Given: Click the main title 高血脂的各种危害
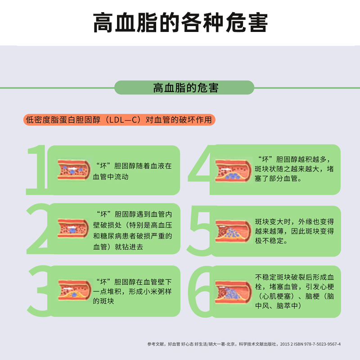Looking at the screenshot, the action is pyautogui.click(x=180, y=22).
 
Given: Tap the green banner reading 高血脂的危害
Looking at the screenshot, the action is pyautogui.click(x=184, y=87).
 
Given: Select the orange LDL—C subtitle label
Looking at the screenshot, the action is pyautogui.click(x=119, y=120).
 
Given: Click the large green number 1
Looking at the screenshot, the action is pyautogui.click(x=37, y=170).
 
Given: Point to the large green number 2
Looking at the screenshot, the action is pyautogui.click(x=38, y=229).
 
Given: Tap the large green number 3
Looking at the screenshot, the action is pyautogui.click(x=39, y=291).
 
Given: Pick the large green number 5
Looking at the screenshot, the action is pyautogui.click(x=199, y=231).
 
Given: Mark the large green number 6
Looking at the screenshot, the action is pyautogui.click(x=200, y=292).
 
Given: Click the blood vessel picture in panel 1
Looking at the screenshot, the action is pyautogui.click(x=74, y=170).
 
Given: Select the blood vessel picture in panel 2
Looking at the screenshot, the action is pyautogui.click(x=73, y=229).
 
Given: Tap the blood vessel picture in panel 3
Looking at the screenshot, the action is pyautogui.click(x=75, y=290).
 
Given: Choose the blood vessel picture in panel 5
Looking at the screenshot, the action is pyautogui.click(x=233, y=231).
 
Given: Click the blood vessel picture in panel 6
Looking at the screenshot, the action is pyautogui.click(x=233, y=292).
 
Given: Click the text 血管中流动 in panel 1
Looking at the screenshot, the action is pyautogui.click(x=111, y=177).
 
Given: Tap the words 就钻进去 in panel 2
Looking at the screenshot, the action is pyautogui.click(x=129, y=247).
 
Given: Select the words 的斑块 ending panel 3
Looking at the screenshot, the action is pyautogui.click(x=103, y=301).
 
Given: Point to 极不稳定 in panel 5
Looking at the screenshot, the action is pyautogui.click(x=269, y=241).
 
